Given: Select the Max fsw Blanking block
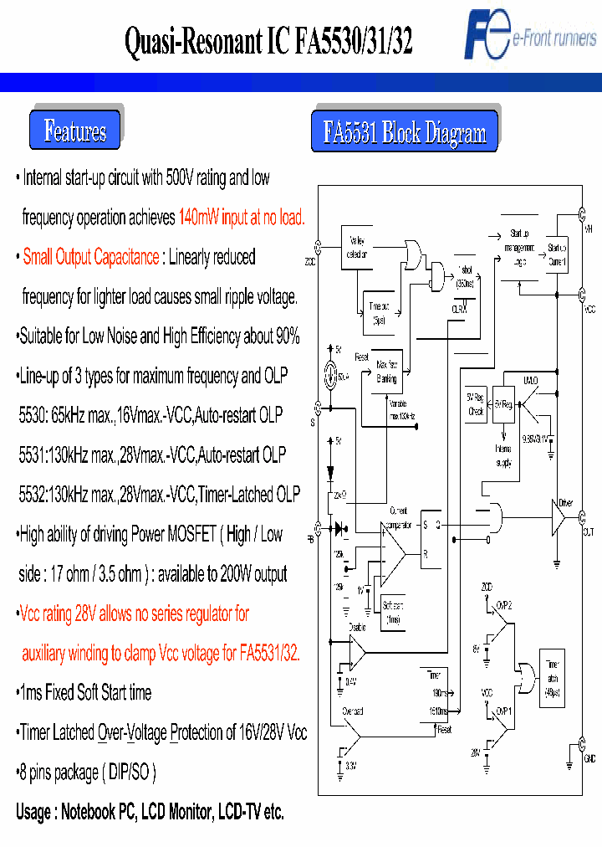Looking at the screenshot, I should (x=387, y=372).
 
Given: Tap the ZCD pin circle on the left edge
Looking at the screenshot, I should (x=316, y=247).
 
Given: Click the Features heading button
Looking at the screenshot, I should (x=75, y=131).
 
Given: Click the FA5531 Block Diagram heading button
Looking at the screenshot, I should (x=405, y=132).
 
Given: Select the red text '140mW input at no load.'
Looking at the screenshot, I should (x=242, y=218).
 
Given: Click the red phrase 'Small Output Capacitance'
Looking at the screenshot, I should (x=90, y=257).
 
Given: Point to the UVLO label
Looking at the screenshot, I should (x=529, y=380).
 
